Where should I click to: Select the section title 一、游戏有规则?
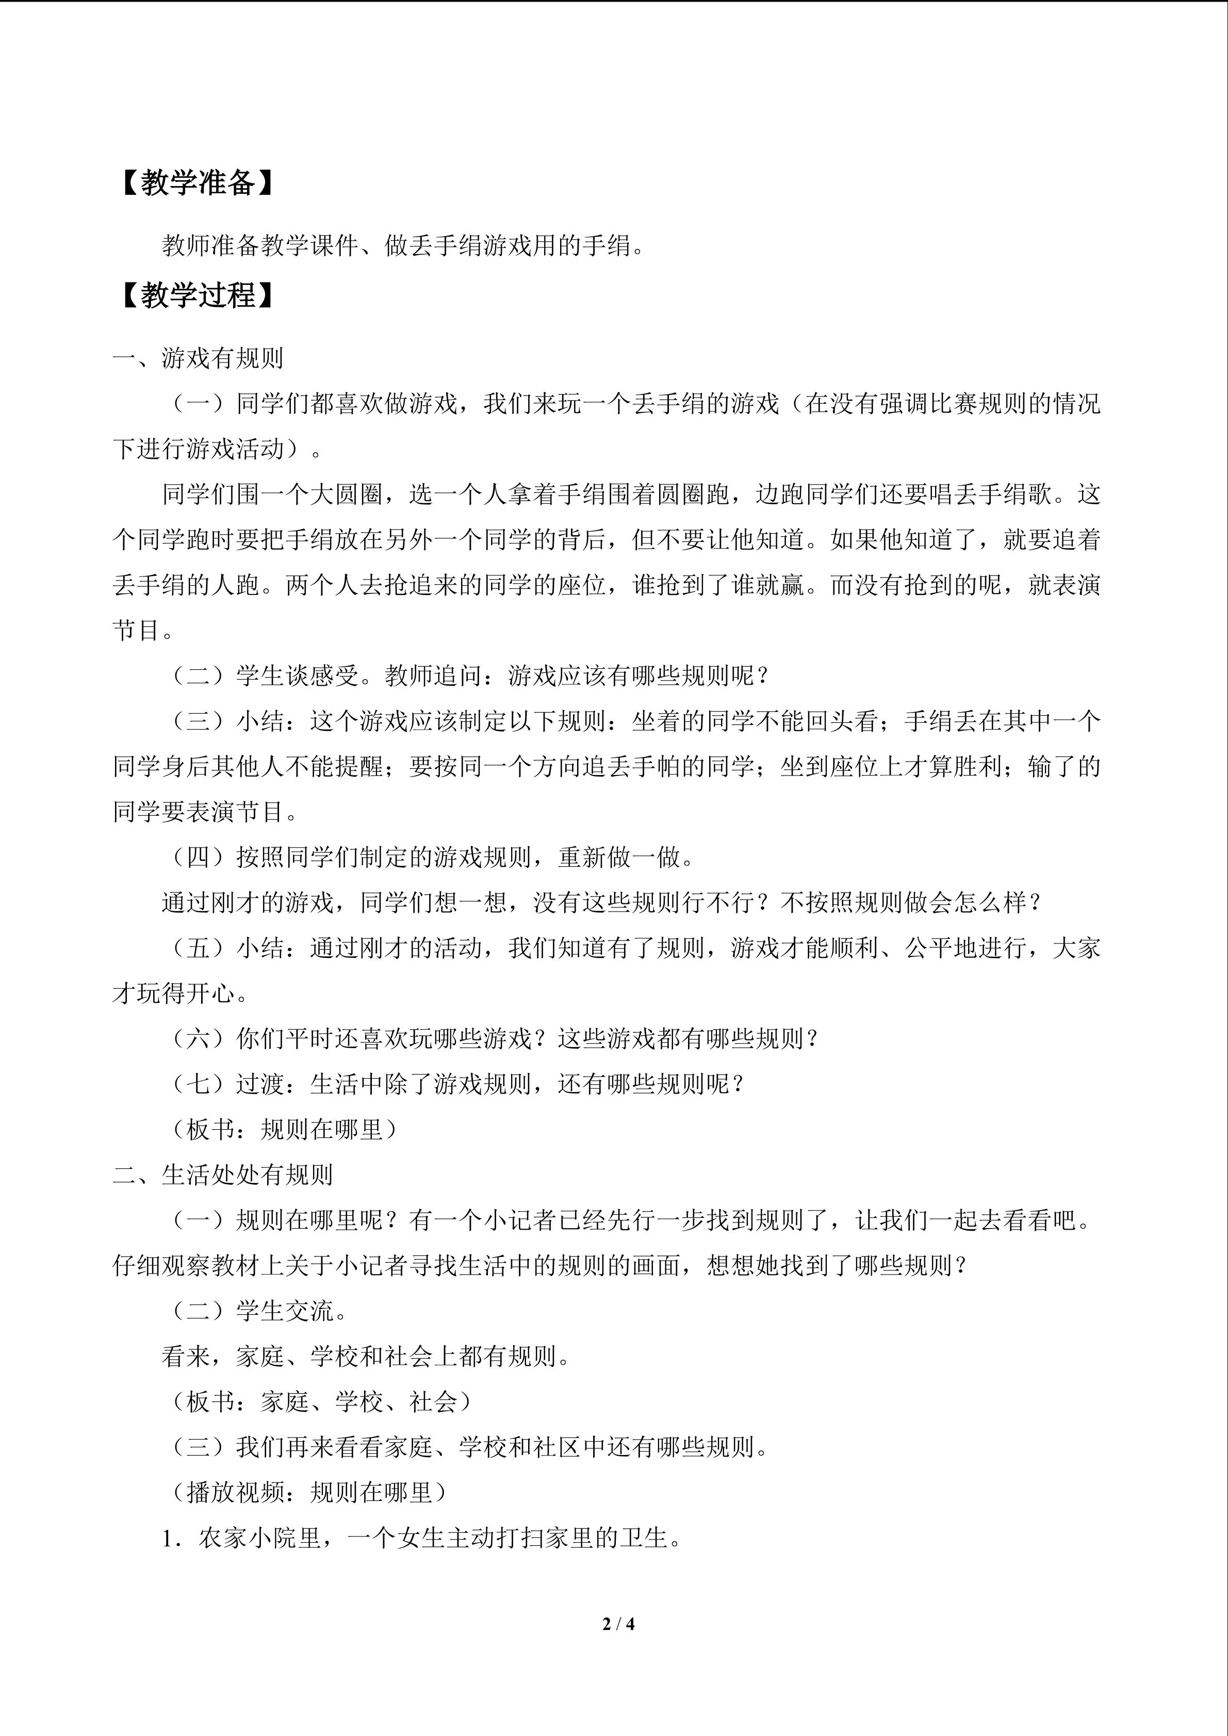tap(198, 358)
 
